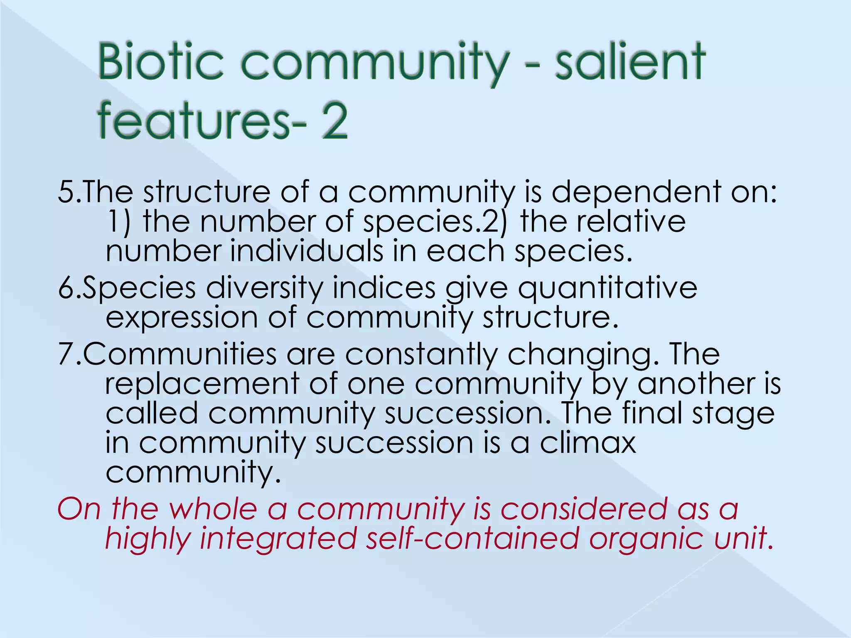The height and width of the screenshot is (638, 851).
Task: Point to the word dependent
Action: point(636,192)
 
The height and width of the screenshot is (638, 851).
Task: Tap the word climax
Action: point(588,443)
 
